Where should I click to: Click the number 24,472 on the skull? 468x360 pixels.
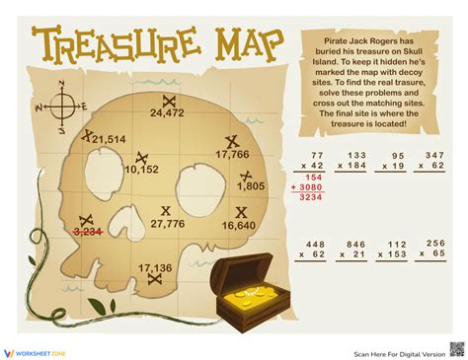pyautogui.click(x=168, y=113)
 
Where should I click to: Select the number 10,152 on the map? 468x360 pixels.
pyautogui.click(x=141, y=169)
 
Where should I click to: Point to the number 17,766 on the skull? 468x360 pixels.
pyautogui.click(x=232, y=154)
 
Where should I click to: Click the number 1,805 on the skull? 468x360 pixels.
pyautogui.click(x=251, y=185)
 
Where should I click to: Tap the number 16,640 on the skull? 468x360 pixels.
pyautogui.click(x=239, y=225)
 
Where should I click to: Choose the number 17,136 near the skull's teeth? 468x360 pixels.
pyautogui.click(x=156, y=267)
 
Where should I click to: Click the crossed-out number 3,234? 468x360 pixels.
pyautogui.click(x=90, y=232)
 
